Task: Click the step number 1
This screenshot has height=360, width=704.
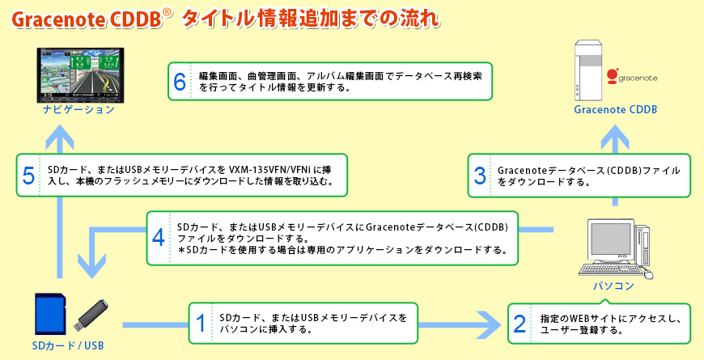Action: coord(201,324)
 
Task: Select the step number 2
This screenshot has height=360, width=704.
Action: coord(520,324)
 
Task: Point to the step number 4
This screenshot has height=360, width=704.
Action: coord(159,238)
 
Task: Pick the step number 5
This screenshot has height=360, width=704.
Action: coord(29,176)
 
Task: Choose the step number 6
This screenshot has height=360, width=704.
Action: coord(180,81)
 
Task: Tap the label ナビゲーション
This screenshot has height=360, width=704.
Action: coord(79,109)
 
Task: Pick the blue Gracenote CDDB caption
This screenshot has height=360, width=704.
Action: coord(615,109)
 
